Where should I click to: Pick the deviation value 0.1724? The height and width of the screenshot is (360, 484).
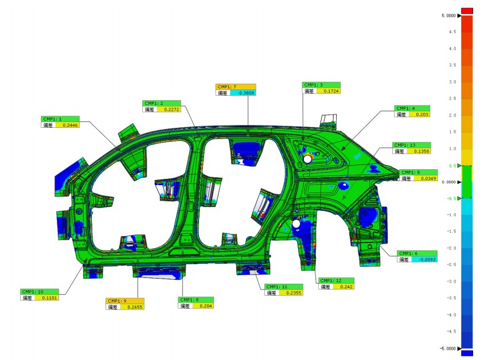pos(331,91)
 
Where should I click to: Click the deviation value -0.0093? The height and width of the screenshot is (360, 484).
pos(424,260)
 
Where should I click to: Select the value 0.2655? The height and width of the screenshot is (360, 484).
pos(135,307)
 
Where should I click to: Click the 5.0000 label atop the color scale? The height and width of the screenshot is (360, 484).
pos(448,16)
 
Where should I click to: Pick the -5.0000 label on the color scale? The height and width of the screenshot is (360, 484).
pos(447,349)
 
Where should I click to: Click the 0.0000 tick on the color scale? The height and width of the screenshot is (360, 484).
pos(448,182)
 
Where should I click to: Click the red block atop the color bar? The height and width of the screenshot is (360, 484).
pos(467,10)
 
